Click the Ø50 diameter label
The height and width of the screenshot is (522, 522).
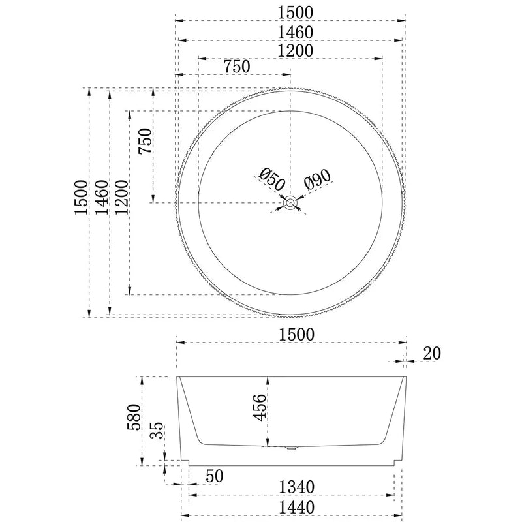click(269, 178)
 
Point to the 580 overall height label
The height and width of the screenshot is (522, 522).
click(134, 420)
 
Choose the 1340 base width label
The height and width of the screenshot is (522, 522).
click(298, 486)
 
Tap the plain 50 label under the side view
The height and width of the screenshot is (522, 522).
click(213, 476)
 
